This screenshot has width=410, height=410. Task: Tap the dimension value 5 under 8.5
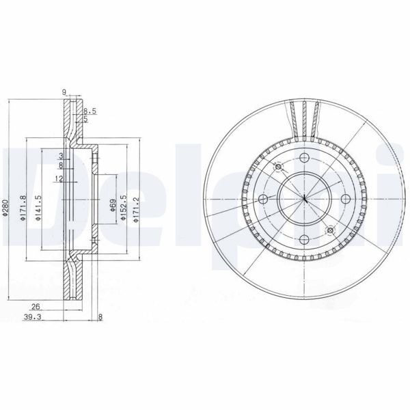pos(85,119)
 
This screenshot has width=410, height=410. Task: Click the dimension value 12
pos(59,178)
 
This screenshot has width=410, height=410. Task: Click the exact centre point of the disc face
pos(303,199)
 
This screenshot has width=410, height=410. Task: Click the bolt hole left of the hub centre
pos(263,199)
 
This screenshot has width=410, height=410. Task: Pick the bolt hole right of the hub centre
pos(344,199)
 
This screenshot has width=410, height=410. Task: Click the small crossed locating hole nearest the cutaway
pos(277,167)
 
